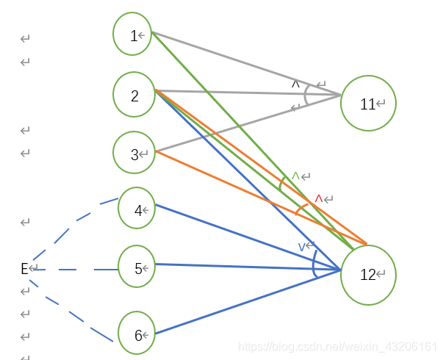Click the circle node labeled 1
click(x=132, y=33)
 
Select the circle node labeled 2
click(x=134, y=93)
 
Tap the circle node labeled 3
click(x=134, y=153)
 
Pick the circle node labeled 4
click(x=137, y=209)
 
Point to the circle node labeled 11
click(x=368, y=104)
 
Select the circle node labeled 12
click(x=368, y=275)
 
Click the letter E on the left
click(x=24, y=269)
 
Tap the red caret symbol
click(x=319, y=198)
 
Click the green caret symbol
click(x=295, y=176)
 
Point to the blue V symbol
click(x=302, y=247)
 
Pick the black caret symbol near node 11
click(x=296, y=84)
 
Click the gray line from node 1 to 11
click(x=242, y=63)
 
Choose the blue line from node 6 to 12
click(x=250, y=302)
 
